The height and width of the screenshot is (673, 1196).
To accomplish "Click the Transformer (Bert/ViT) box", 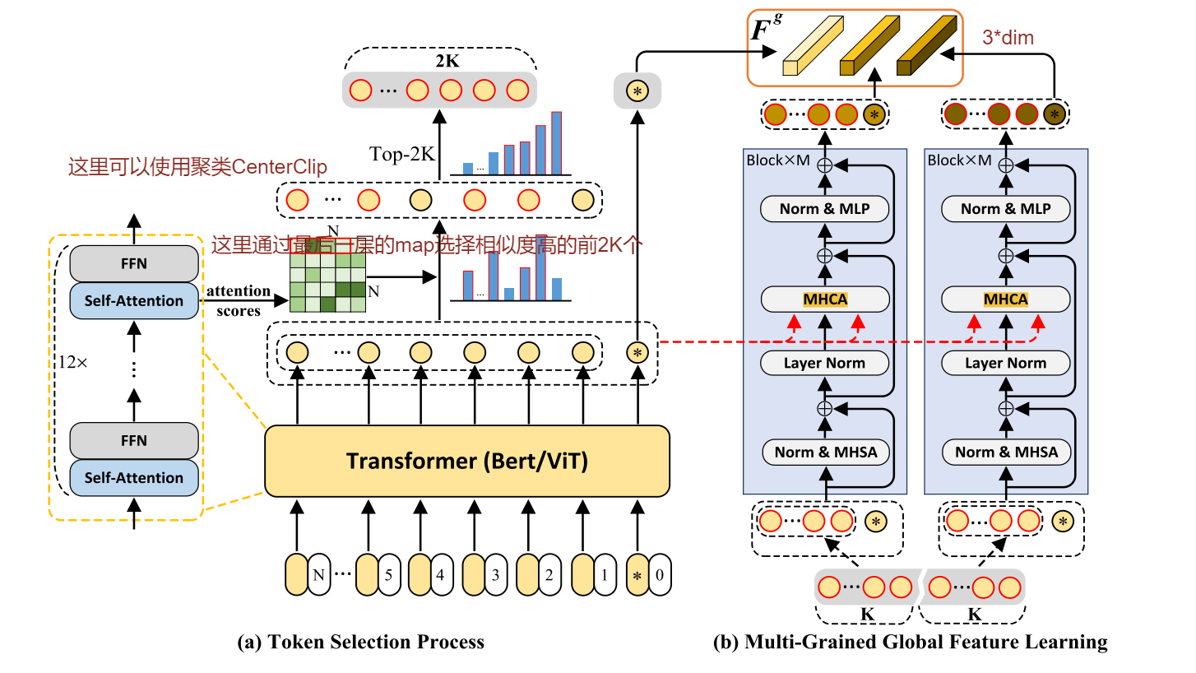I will pos(466,461).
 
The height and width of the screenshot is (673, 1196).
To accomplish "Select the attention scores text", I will pos(238,301).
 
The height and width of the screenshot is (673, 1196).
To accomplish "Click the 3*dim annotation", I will pos(1008,37).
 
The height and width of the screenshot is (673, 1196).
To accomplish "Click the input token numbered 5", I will pos(390,574).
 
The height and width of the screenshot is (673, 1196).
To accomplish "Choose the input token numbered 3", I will pos(495,574).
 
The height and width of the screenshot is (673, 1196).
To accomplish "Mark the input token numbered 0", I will pos(659,574).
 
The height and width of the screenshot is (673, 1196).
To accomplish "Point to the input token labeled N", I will pos(318,574).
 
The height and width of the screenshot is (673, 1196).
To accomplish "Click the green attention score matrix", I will pos(327,281).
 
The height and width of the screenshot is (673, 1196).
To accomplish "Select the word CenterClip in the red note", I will pos(280,168).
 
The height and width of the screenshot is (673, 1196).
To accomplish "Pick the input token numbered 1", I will pos(605,574).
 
